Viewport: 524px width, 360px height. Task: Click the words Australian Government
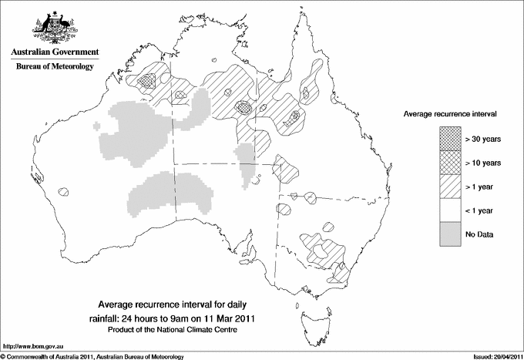pos(54,53)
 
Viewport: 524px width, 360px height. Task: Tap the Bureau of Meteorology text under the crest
pos(54,67)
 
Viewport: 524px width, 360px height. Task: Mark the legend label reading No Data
pos(479,234)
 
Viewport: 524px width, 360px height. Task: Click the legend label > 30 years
pos(483,139)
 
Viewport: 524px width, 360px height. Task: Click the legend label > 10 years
pos(483,163)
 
